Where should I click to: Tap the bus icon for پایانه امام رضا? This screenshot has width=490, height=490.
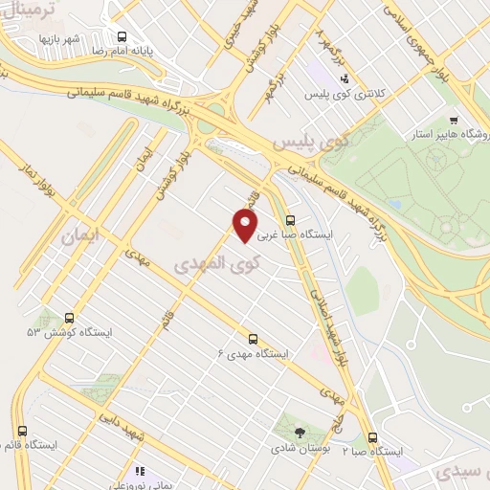click(x=122, y=37)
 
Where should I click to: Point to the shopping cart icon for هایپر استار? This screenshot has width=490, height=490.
click(x=453, y=121)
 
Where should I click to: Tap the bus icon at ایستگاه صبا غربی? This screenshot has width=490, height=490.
click(x=291, y=218)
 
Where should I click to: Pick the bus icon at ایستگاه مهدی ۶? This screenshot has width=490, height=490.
click(x=253, y=338)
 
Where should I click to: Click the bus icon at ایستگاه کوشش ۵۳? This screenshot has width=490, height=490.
click(x=69, y=318)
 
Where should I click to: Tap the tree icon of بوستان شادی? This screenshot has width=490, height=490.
click(x=298, y=433)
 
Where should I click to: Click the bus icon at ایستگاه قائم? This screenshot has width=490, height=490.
click(x=22, y=430)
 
